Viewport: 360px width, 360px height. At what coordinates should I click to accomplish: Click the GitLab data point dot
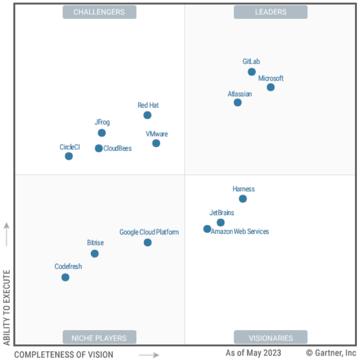tap(252, 72)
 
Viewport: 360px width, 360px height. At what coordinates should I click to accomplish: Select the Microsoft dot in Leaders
tap(271, 87)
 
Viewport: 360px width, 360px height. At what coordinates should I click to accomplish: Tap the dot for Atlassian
tap(238, 102)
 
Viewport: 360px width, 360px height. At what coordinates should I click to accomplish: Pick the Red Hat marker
tap(147, 115)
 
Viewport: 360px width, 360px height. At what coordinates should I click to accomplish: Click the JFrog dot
tap(102, 133)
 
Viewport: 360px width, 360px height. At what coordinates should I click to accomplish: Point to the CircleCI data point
tap(69, 156)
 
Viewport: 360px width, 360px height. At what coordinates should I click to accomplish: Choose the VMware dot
tap(156, 143)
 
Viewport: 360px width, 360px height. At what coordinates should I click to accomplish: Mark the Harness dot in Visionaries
tap(243, 199)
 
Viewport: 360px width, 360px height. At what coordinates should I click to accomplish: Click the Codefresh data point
tap(65, 277)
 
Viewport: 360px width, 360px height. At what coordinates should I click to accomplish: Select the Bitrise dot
tap(95, 254)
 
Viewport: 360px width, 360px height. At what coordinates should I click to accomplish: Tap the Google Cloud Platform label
tap(149, 232)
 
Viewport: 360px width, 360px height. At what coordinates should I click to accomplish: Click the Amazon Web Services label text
tap(240, 231)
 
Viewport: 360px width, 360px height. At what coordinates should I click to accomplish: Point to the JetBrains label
tap(222, 213)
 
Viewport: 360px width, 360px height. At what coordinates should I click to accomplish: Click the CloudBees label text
tap(117, 148)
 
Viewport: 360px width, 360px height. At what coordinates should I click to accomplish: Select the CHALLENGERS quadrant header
tap(99, 12)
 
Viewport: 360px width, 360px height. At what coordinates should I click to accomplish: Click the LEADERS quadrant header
tap(271, 12)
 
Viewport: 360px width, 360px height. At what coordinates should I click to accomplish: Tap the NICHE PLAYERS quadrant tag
tap(99, 337)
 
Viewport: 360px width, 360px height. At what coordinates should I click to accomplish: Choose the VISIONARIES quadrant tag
tap(271, 337)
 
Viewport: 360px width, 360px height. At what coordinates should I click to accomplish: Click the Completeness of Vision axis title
tap(63, 354)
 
